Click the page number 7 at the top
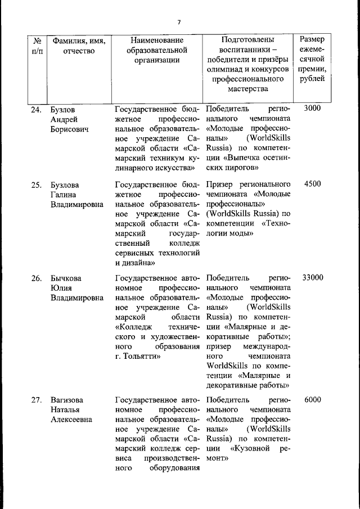click(x=179, y=22)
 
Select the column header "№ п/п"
click(x=38, y=46)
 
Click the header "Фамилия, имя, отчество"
click(x=79, y=46)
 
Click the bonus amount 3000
click(x=312, y=109)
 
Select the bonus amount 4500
click(x=312, y=184)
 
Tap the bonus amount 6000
click(x=312, y=399)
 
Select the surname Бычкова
click(x=67, y=278)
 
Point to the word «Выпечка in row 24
click(x=237, y=157)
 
